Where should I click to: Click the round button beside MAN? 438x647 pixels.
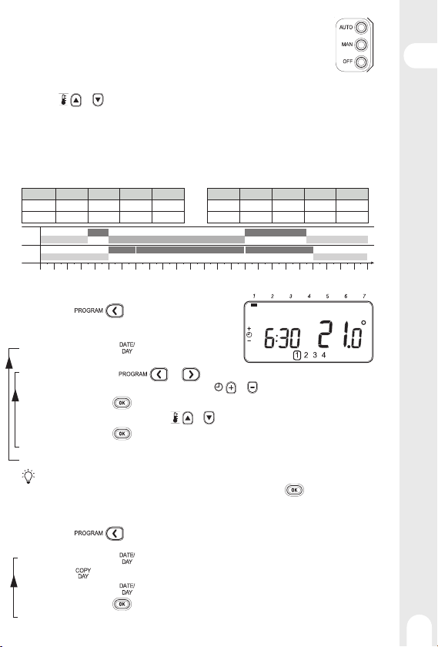click(361, 45)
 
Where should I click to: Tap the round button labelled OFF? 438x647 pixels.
click(361, 62)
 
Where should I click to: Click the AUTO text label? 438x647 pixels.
click(346, 27)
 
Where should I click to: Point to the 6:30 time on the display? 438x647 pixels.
click(282, 338)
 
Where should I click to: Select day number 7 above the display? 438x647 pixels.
click(364, 296)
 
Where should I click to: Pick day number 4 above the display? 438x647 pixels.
click(309, 296)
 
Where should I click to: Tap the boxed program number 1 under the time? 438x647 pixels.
click(297, 355)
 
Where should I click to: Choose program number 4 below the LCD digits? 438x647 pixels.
click(324, 355)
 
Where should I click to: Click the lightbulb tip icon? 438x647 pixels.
click(28, 476)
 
